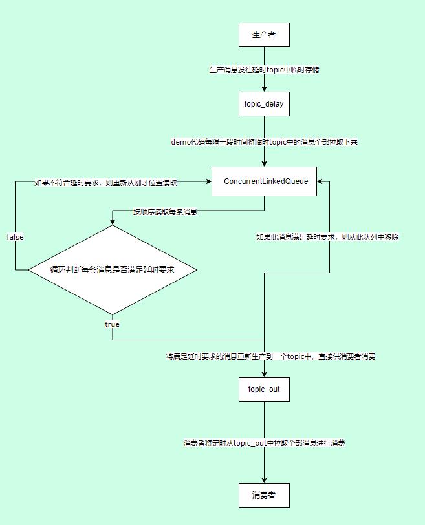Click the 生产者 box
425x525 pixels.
pos(264,34)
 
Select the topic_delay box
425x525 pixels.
pos(264,103)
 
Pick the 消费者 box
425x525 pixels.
pos(264,495)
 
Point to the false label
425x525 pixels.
pos(15,237)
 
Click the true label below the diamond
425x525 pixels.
pos(112,324)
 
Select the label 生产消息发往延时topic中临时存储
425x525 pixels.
pos(264,69)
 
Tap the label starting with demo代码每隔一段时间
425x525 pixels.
pos(264,141)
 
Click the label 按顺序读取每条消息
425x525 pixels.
pos(165,211)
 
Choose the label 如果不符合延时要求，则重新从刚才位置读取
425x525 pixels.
pos(105,183)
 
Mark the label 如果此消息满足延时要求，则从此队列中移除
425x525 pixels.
pos(327,237)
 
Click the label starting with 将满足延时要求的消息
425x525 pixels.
pos(270,356)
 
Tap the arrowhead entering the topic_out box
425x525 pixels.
pos(264,374)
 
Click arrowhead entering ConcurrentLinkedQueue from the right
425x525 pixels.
pos(320,182)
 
